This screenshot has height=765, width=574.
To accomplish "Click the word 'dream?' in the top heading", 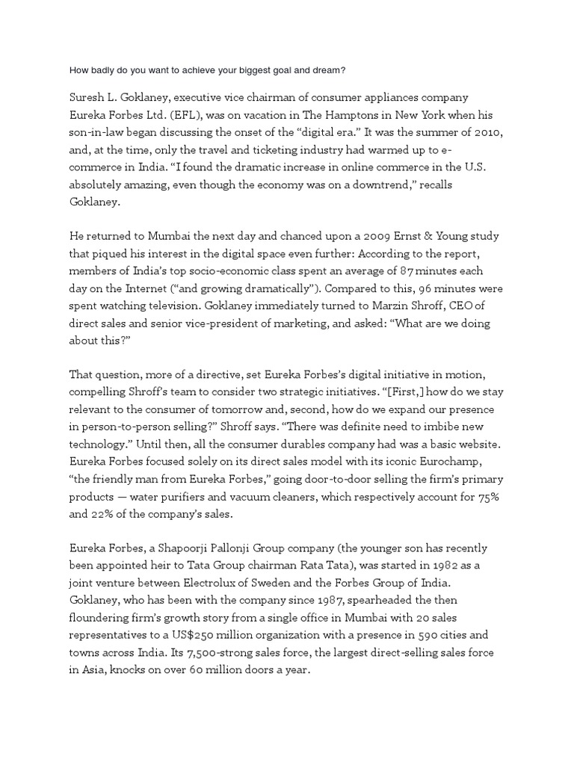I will click(x=327, y=71).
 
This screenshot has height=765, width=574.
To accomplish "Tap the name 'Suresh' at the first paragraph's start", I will click(x=87, y=98).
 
